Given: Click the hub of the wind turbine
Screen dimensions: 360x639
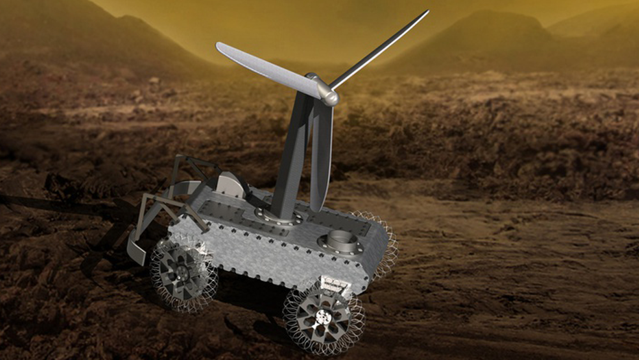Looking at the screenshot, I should tap(327, 95).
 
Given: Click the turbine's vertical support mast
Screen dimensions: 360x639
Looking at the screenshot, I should tap(287, 160).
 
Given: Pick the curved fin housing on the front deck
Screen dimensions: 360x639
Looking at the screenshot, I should tap(231, 186).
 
